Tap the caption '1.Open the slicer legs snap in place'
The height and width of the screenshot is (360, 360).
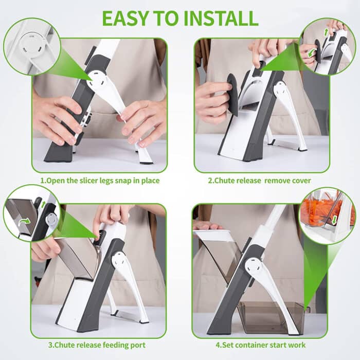point(99,181)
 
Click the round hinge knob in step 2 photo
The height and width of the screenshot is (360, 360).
point(282,90)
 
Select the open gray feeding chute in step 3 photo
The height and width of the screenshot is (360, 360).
point(77,257)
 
